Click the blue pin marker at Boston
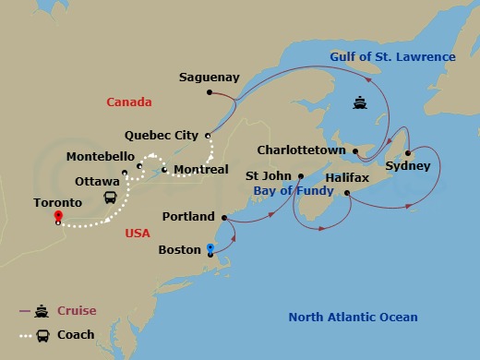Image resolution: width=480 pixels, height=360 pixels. point(210,248)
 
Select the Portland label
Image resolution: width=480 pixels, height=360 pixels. point(187,217)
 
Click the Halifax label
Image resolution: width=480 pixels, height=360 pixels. point(347,176)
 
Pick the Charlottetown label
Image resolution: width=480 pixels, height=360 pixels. point(301,150)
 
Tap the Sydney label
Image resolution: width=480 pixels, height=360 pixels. point(407,166)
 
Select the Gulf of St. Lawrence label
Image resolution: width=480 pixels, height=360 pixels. point(393,57)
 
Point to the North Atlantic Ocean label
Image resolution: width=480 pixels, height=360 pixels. point(353,318)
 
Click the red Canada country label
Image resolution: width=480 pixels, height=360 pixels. point(128,102)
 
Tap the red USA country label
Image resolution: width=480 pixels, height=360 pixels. point(137,234)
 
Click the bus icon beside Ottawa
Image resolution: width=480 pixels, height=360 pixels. point(110,198)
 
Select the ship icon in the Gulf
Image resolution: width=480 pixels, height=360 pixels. point(359,103)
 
